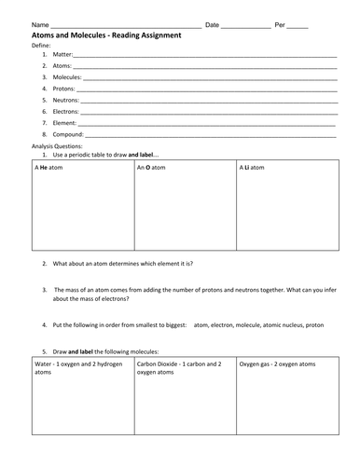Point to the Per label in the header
point(281,23)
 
